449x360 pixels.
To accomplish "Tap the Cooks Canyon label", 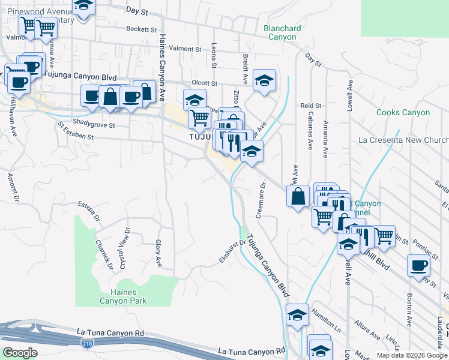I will tap(403, 112).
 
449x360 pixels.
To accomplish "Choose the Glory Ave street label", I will tap(158, 253).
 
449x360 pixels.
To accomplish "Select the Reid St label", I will tap(307, 106).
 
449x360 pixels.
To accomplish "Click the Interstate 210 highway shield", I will tap(86, 343).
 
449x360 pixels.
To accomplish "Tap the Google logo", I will tap(20, 353).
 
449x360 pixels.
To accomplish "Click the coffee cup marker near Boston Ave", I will tap(418, 265).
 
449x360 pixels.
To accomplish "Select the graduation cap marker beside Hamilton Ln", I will tap(297, 315).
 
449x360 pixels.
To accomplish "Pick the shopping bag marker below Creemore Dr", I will tap(298, 196).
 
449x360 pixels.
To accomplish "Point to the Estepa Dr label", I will tap(88, 211).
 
